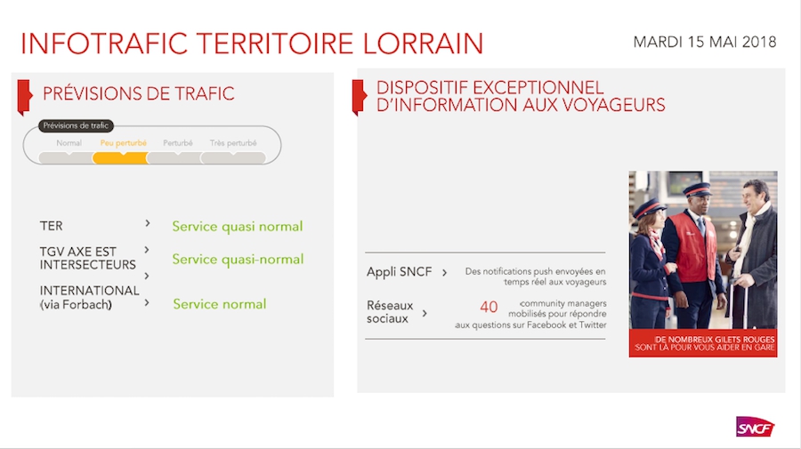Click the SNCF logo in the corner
tap(755, 427)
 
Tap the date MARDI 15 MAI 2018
tap(705, 42)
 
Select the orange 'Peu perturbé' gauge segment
tap(120, 157)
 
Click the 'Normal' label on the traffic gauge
tap(69, 143)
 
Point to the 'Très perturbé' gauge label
tap(233, 143)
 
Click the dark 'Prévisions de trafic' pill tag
tap(76, 125)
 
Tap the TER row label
tap(51, 226)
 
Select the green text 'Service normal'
tap(220, 304)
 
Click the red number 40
tap(489, 307)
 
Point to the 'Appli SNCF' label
tap(399, 272)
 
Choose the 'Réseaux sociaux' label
tap(390, 312)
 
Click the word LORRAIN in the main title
tap(423, 44)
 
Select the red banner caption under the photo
tap(703, 343)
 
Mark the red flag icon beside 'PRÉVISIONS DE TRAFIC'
tap(25, 97)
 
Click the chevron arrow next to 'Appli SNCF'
tap(444, 272)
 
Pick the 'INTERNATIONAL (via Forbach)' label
tap(89, 298)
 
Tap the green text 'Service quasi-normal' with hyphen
tap(238, 260)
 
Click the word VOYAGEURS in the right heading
tap(613, 105)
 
